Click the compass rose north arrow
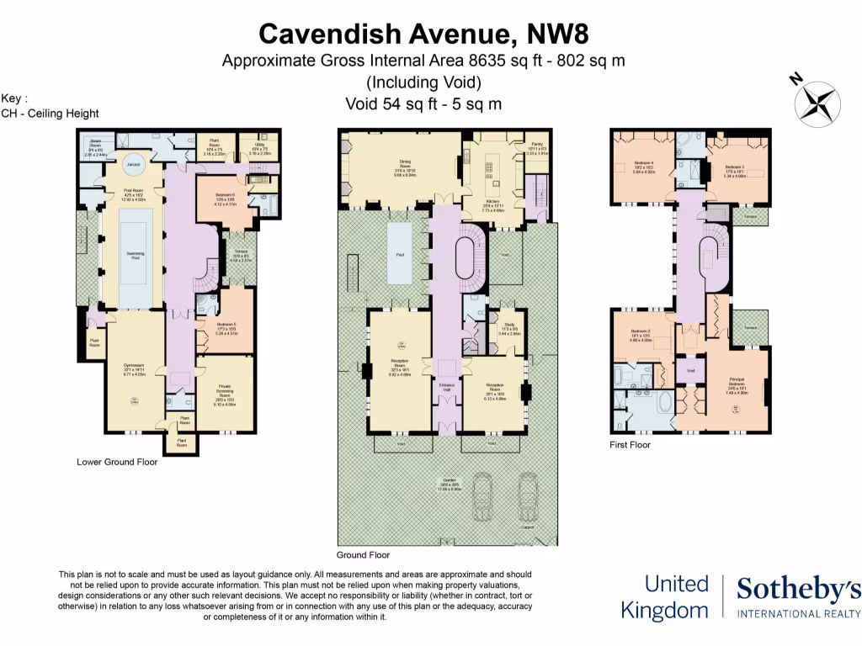[816, 103]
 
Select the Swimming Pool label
[135, 257]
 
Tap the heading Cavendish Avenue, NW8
[423, 34]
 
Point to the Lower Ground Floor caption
[117, 462]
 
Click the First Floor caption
[630, 444]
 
